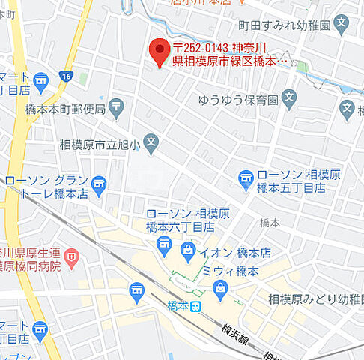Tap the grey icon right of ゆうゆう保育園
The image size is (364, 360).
coord(291,97)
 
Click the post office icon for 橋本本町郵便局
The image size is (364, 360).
coord(116,109)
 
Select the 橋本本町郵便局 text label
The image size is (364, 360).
coord(71,109)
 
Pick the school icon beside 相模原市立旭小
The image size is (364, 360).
coord(151,142)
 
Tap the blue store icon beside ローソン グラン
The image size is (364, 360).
coord(98,181)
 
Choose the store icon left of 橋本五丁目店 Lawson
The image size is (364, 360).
coord(245,178)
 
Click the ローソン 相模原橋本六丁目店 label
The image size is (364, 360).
coord(180,220)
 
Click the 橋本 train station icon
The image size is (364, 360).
coord(195,306)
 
